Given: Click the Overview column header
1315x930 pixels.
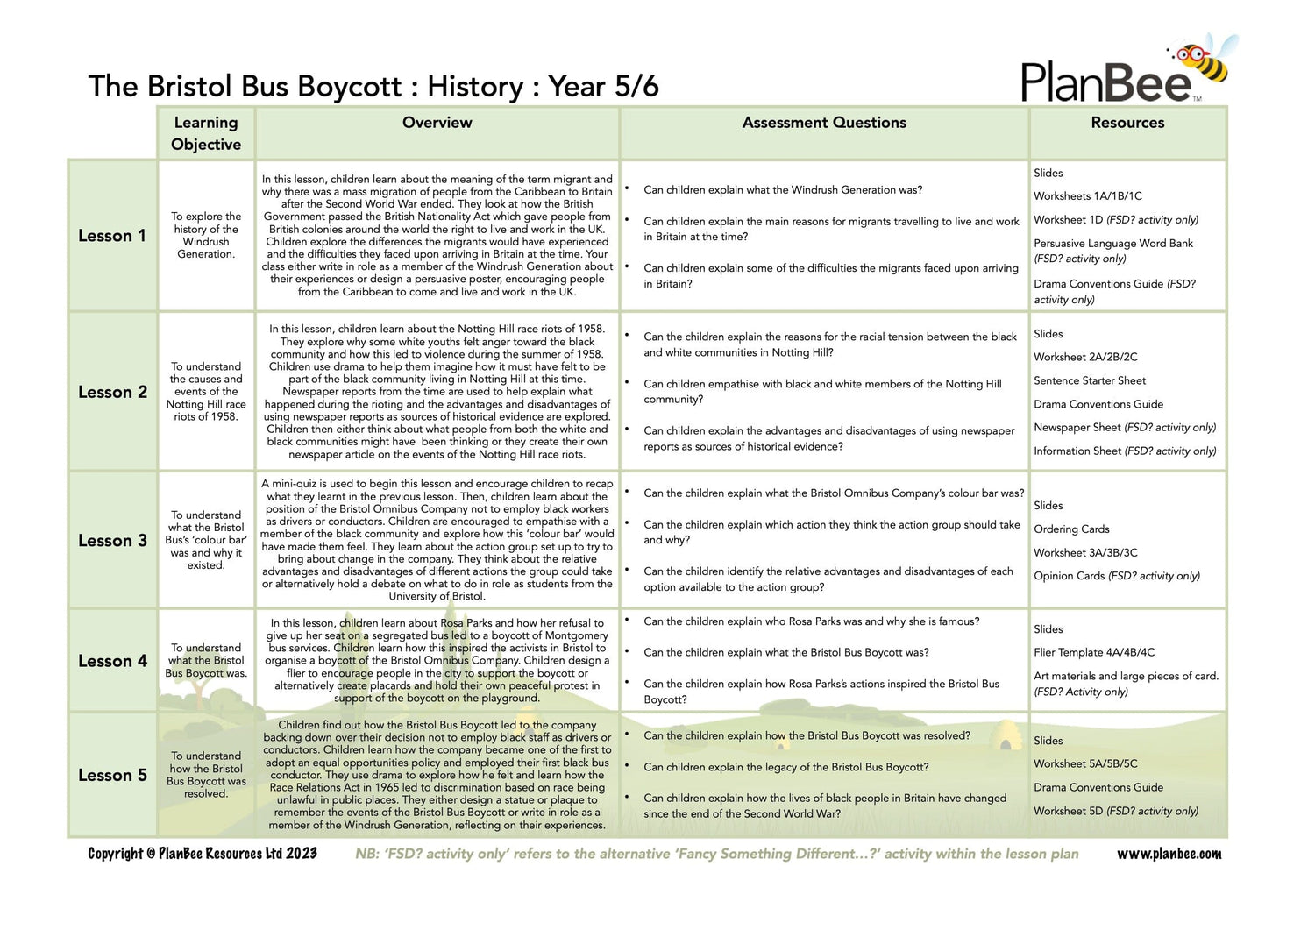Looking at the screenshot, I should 437,123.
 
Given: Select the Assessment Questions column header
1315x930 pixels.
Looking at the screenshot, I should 824,123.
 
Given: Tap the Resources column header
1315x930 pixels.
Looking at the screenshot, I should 1127,123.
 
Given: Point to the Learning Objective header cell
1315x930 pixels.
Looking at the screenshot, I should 206,133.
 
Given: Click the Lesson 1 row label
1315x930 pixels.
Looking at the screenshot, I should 112,236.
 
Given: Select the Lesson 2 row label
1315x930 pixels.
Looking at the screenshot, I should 112,392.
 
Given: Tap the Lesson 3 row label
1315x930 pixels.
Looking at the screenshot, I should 112,540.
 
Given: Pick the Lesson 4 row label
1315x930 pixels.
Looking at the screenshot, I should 112,661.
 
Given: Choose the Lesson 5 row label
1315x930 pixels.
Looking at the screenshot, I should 112,775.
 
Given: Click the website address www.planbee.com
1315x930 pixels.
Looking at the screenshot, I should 1169,854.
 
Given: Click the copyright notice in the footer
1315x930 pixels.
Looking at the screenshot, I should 203,854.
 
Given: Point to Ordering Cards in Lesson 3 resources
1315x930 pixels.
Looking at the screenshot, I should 1071,529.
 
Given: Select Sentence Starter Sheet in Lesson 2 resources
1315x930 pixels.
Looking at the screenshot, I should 1090,380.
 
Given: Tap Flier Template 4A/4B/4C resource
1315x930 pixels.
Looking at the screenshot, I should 1094,652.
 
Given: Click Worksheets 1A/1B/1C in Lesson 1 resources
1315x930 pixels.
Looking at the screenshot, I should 1088,196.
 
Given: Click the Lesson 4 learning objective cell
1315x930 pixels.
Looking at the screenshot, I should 206,661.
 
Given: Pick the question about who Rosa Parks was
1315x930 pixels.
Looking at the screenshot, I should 811,621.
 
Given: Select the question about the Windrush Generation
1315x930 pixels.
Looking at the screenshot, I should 782,190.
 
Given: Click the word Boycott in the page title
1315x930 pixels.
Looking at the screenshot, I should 350,87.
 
